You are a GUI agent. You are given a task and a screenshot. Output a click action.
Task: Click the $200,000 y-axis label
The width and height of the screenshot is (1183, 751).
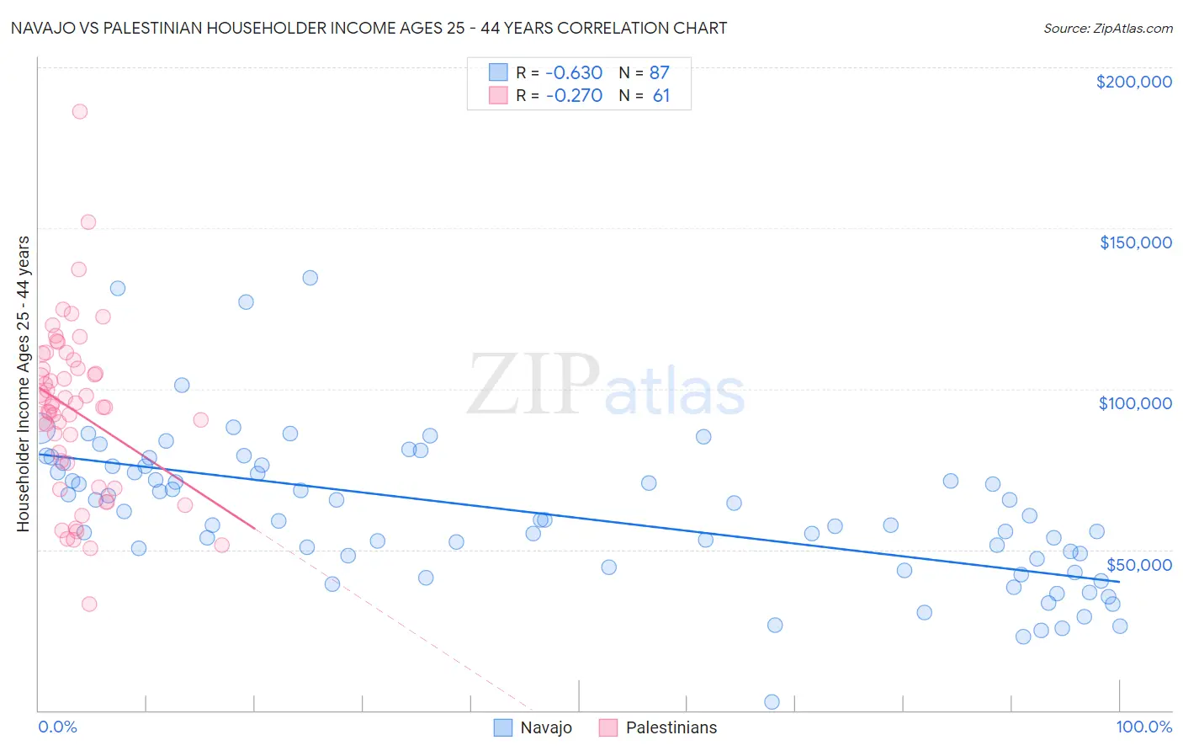click(1133, 82)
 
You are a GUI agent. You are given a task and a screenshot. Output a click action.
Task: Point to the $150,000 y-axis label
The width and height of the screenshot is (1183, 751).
click(1135, 242)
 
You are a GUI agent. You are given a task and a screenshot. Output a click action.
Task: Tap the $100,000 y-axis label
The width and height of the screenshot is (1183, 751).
click(1135, 403)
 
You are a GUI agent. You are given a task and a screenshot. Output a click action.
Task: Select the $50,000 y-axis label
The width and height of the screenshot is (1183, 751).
click(1138, 564)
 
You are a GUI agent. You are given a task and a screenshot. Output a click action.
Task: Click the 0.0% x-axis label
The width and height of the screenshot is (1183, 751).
click(57, 727)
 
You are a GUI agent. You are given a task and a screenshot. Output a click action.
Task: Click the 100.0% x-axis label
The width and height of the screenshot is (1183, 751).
click(1143, 727)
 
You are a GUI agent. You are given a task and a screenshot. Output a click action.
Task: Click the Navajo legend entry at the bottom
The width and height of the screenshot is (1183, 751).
click(545, 727)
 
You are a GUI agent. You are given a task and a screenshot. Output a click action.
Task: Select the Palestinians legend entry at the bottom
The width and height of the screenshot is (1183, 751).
click(671, 727)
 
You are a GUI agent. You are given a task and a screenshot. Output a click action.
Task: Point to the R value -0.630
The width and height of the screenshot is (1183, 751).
click(574, 72)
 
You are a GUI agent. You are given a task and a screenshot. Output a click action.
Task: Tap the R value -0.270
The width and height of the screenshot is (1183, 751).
click(574, 95)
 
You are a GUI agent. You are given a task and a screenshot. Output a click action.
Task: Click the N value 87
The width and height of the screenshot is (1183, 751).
click(660, 72)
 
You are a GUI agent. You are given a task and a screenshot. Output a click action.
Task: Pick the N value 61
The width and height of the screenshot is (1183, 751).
click(661, 95)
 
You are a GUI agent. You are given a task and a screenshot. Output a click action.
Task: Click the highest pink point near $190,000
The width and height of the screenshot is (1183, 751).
click(80, 111)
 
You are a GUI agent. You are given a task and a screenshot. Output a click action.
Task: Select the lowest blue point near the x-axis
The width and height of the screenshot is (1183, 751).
click(772, 702)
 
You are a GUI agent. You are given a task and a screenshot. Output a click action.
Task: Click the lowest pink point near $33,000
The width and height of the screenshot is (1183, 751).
click(89, 604)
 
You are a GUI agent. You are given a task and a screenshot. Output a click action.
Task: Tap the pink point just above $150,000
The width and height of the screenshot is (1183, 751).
click(88, 222)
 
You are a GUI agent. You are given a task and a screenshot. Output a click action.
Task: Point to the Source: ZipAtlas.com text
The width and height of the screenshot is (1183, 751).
click(1107, 28)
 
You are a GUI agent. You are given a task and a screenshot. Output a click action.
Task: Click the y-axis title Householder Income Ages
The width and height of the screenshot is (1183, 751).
click(23, 383)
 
